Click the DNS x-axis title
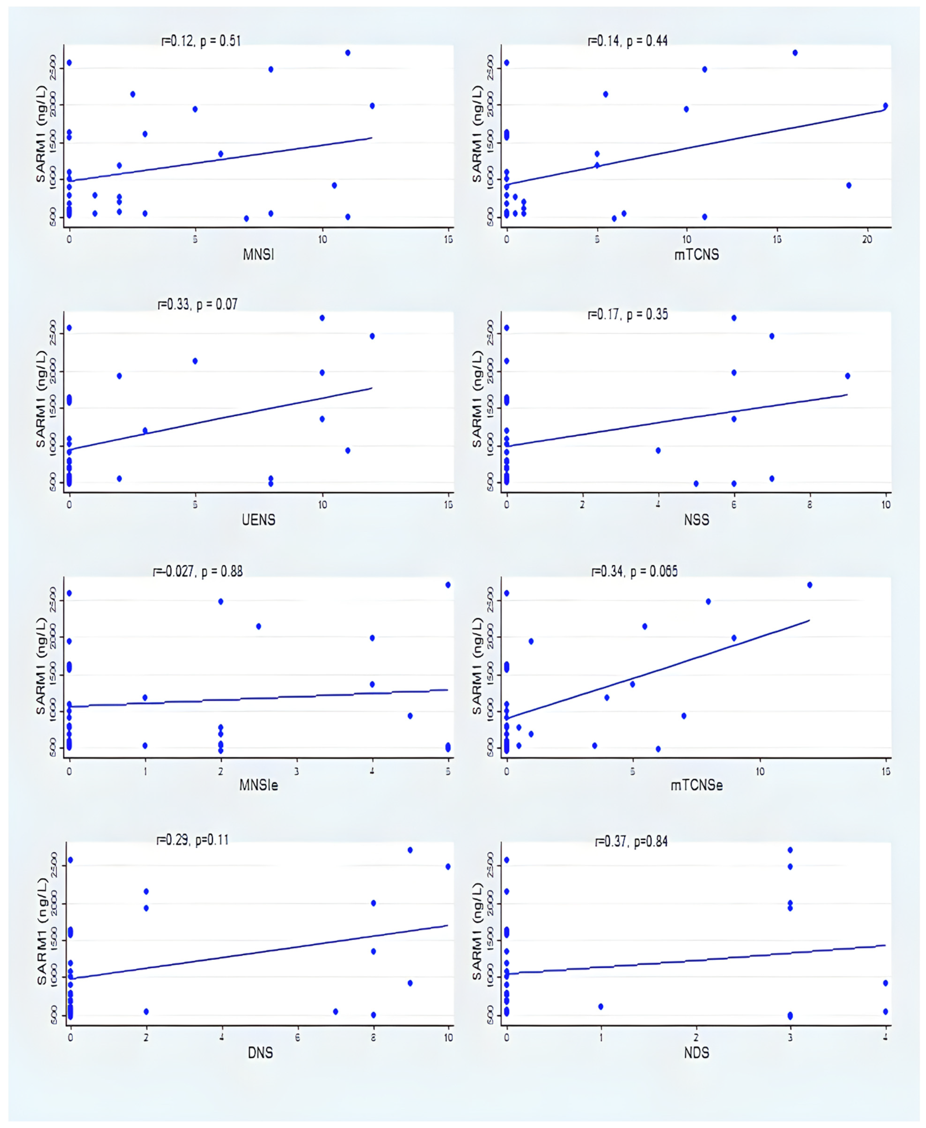click(x=260, y=1053)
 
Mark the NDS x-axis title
click(x=697, y=1053)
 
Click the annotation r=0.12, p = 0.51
click(x=201, y=41)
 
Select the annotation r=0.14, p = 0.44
click(x=628, y=41)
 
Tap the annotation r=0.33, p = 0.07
click(x=197, y=305)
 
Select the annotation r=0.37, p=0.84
click(x=632, y=842)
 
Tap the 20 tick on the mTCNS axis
click(x=867, y=240)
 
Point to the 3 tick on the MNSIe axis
click(x=297, y=771)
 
